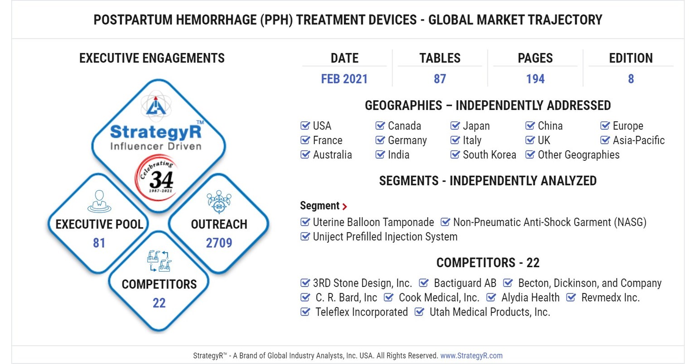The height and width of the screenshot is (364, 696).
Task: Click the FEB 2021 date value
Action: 344,79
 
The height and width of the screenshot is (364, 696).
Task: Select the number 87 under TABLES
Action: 440,79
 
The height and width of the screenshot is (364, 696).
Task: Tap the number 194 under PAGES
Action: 535,79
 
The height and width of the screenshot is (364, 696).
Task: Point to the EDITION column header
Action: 631,58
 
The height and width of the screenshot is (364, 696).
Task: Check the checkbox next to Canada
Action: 380,125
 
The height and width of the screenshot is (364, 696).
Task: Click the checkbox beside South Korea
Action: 455,154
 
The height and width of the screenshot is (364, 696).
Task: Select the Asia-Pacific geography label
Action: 638,140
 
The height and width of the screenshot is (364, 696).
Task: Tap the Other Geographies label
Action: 578,155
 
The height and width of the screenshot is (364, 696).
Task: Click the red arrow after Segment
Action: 345,206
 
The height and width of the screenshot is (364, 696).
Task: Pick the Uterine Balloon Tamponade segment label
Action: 373,222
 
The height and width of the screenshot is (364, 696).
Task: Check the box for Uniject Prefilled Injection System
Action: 305,236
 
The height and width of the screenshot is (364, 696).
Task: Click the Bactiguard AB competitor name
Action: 465,283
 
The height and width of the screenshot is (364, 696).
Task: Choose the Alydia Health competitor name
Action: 530,297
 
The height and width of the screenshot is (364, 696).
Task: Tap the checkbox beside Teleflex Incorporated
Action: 305,312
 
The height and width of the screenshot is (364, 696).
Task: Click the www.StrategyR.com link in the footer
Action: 471,355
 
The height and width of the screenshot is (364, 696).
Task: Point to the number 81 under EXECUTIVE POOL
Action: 99,243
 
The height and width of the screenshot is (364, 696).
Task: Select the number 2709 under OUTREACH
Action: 219,243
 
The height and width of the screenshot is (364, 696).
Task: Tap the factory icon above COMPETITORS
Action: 159,261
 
